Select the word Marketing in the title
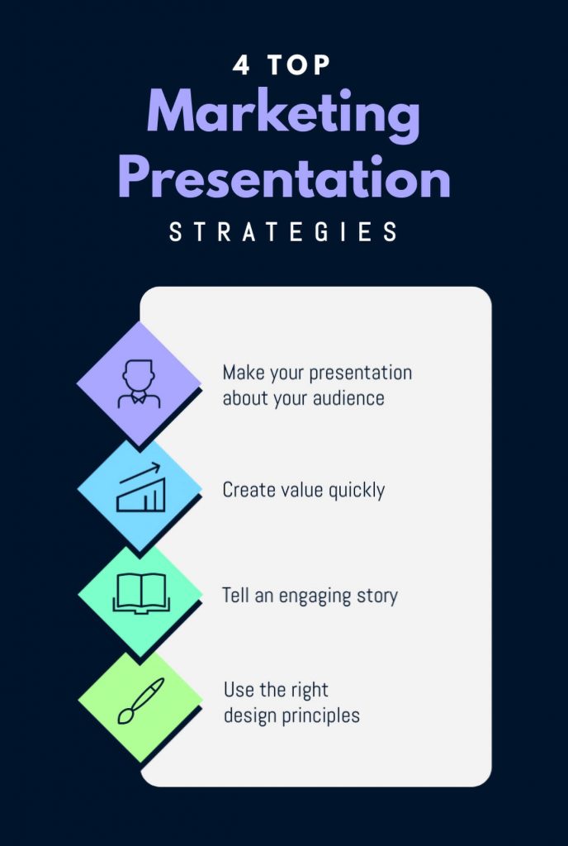point(283,116)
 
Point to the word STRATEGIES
point(283,232)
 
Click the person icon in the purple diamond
point(138,383)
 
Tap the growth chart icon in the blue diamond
point(140,492)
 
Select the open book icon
point(140,594)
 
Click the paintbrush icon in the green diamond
point(140,701)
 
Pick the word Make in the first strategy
point(240,373)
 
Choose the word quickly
point(357,491)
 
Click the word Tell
point(234,595)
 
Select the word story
point(378,596)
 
